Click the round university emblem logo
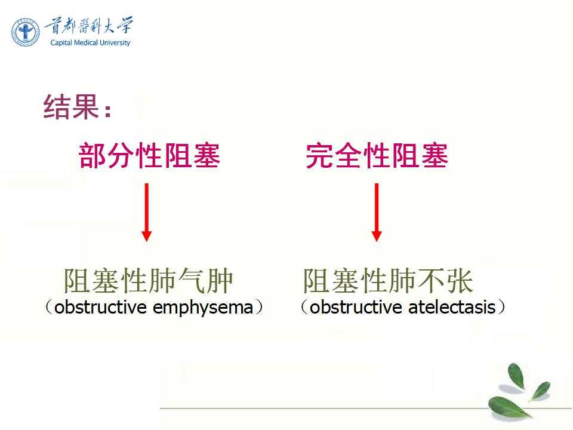pos(25,32)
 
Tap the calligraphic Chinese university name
pos(89,26)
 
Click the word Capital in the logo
pos(61,43)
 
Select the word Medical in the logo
pos(86,42)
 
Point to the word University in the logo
pos(115,43)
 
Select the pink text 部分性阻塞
pos(149,156)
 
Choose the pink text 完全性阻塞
pos(377,156)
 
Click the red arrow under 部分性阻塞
pos(147,212)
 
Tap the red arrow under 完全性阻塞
pos(377,212)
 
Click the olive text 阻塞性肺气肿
pos(149,281)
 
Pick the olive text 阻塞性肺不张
pos(388,281)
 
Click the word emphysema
pos(203,308)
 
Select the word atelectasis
pos(452,307)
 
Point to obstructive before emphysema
pos(100,307)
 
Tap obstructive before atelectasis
pos(356,307)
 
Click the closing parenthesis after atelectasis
pos(501,307)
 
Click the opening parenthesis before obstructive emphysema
pos(48,307)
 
